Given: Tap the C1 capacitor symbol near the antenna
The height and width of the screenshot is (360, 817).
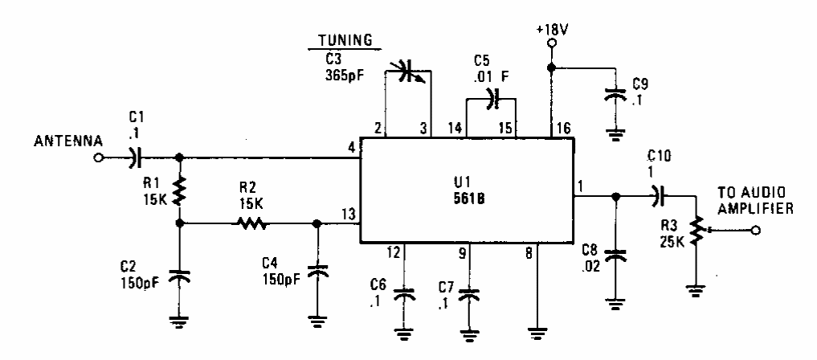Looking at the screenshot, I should [134, 157].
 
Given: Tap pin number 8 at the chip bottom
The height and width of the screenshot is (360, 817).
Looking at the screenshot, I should [527, 252].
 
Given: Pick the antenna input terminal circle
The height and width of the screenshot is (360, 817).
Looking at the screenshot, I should [100, 157].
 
